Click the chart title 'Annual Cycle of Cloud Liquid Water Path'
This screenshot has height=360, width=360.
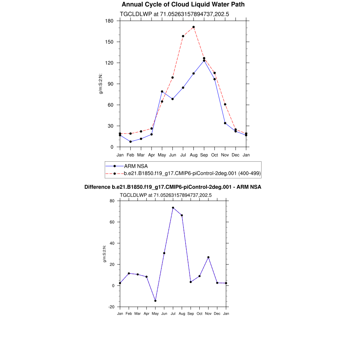pyautogui.click(x=183, y=5)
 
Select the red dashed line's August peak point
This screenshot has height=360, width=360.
pyautogui.click(x=194, y=27)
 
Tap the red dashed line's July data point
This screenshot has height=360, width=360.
pyautogui.click(x=183, y=36)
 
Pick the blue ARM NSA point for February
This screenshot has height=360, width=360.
pyautogui.click(x=130, y=142)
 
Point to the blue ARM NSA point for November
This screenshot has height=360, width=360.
pyautogui.click(x=225, y=123)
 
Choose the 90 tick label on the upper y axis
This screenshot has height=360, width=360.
pyautogui.click(x=111, y=84)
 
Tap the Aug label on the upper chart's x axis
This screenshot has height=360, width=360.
pyautogui.click(x=194, y=155)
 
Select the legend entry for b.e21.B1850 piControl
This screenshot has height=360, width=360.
pyautogui.click(x=192, y=173)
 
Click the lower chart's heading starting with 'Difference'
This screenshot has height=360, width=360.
pyautogui.click(x=173, y=187)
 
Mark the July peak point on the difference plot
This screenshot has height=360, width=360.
pyautogui.click(x=173, y=208)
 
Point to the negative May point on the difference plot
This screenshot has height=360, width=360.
pyautogui.click(x=155, y=301)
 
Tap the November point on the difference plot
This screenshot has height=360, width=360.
pyautogui.click(x=208, y=257)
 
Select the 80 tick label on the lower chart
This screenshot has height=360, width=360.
pyautogui.click(x=112, y=201)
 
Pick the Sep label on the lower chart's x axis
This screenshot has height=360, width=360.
pyautogui.click(x=191, y=314)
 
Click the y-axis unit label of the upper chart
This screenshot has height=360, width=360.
pyautogui.click(x=101, y=86)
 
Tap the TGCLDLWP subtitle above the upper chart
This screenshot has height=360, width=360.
pyautogui.click(x=175, y=14)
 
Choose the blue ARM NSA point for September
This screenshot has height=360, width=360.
pyautogui.click(x=204, y=60)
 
